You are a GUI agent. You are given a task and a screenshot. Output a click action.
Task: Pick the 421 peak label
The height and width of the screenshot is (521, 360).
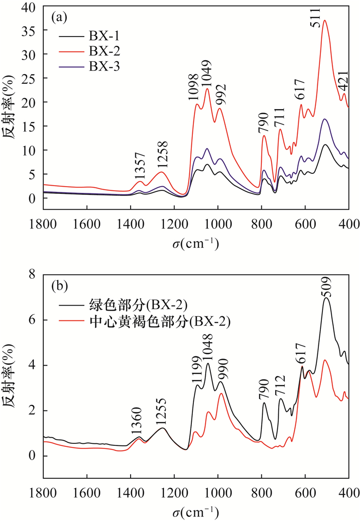point(344,81)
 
